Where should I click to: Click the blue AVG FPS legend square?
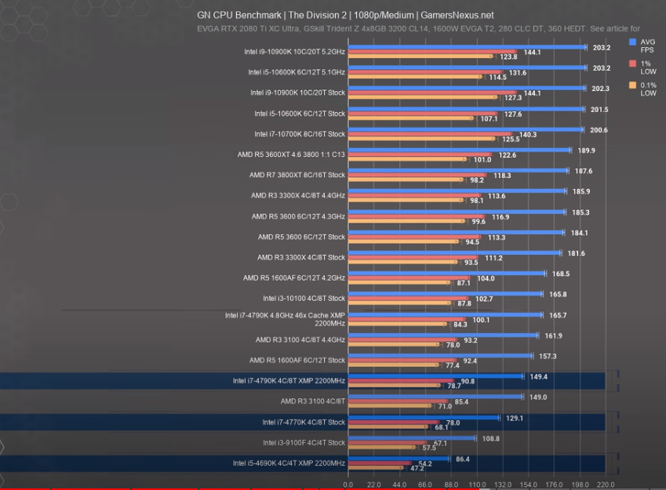point(632,42)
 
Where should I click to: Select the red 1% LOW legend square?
point(632,63)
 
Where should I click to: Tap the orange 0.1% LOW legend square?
point(632,85)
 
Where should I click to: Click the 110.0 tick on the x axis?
point(476,485)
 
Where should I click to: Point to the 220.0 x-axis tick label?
point(605,485)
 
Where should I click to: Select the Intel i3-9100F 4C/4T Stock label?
point(304,443)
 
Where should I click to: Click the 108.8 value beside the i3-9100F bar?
point(491,438)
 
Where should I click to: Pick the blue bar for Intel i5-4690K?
point(398,459)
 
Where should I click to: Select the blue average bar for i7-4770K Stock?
point(424,418)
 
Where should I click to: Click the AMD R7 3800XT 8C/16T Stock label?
point(297,175)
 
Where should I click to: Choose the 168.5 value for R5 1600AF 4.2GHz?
point(561,274)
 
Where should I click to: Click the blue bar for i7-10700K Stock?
point(466,129)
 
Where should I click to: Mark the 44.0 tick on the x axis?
point(399,485)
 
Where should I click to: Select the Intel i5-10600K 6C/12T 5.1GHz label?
point(297,72)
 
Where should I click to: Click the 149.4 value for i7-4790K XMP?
point(539,376)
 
